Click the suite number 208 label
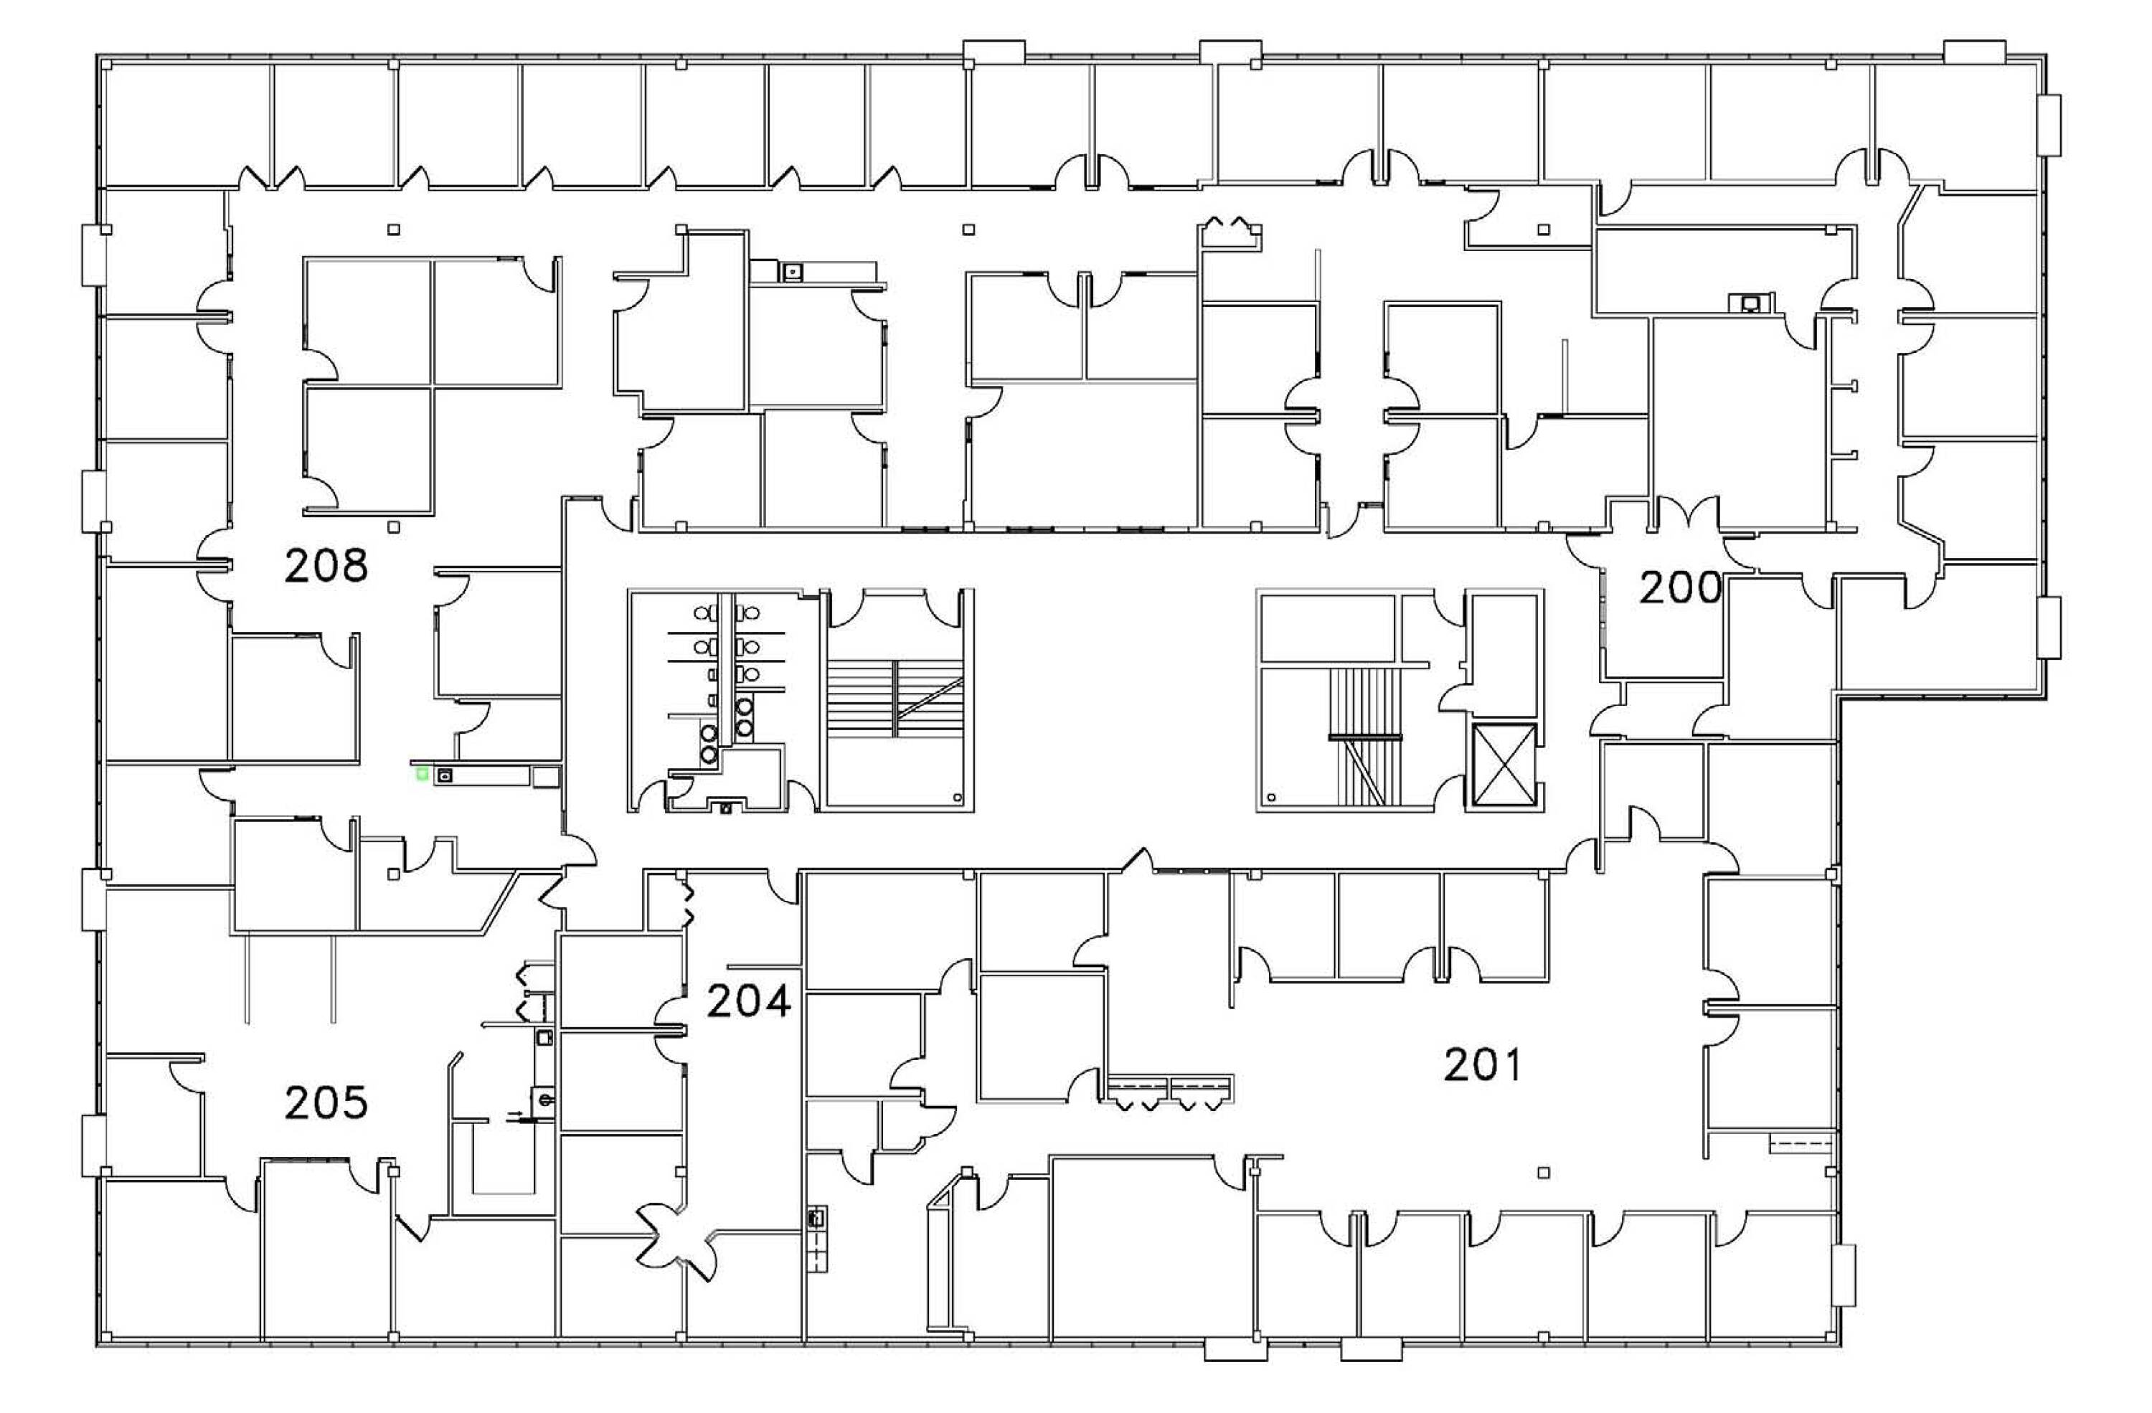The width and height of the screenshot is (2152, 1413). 326,566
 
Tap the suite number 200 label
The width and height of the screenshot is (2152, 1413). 1680,587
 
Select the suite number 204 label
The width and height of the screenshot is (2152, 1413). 749,1001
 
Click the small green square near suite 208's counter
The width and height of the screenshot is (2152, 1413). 421,774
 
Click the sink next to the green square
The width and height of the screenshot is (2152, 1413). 445,775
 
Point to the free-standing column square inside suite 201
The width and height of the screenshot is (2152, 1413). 1544,1173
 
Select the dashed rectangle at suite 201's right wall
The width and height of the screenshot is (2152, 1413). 1801,1145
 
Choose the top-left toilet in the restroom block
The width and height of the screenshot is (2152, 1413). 702,614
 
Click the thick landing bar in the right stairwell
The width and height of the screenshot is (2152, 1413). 1364,737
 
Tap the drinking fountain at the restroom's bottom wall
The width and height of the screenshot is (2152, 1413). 725,808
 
